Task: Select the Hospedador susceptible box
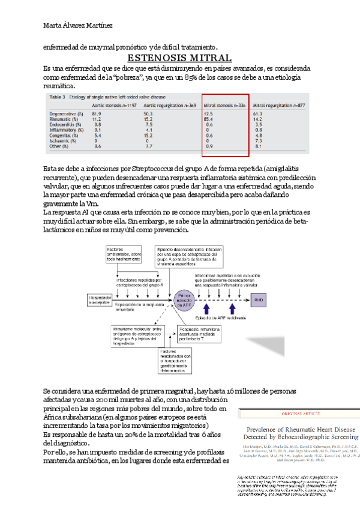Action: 104,298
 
